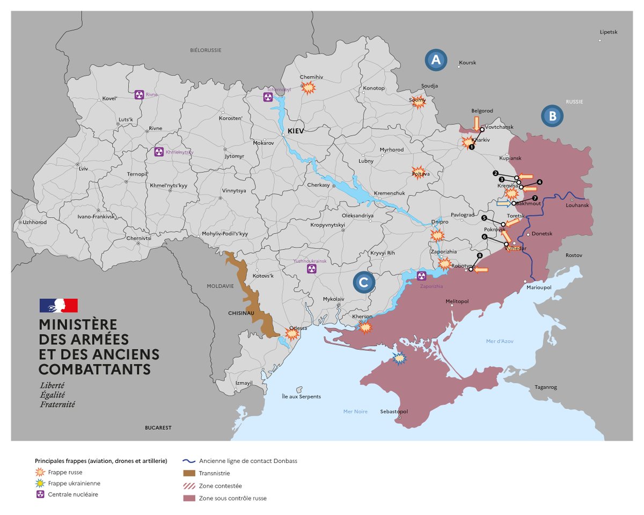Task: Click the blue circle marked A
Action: coord(436,61)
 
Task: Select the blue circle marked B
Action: coord(552,116)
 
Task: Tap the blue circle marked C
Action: coord(364,283)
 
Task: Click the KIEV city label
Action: coord(296,131)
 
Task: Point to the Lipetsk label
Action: coord(609,32)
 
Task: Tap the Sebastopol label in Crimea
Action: coord(394,411)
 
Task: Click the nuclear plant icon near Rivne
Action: coord(139,94)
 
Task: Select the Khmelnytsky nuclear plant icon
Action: coord(159,152)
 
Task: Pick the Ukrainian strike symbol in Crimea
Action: coord(399,358)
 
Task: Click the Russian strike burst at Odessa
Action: coord(291,334)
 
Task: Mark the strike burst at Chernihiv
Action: coord(308,88)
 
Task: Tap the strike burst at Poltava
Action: coord(419,172)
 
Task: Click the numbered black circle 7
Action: coord(535,198)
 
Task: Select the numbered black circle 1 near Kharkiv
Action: coord(472,146)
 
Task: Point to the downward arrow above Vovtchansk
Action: coord(476,123)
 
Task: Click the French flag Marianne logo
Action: coord(58,305)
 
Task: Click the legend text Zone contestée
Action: coord(220,485)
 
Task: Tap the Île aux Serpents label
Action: coord(301,396)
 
